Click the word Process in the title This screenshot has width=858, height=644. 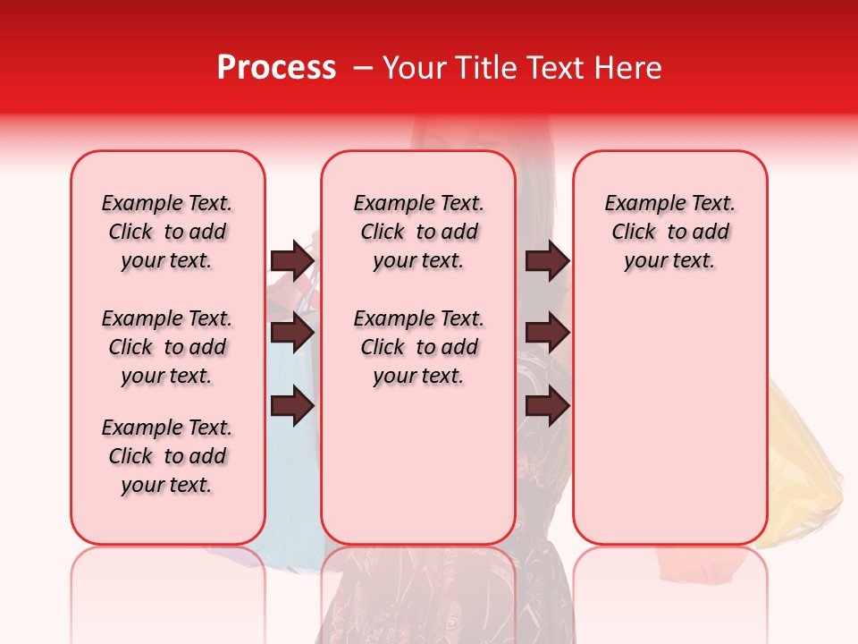275,68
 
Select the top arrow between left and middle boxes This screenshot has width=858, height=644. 292,261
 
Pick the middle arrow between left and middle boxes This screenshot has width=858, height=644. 292,333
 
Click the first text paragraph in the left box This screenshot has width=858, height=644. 167,232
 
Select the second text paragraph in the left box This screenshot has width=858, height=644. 167,347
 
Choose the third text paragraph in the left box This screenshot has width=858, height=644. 167,456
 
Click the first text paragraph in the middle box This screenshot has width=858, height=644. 418,232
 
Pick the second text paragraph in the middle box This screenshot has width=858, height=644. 418,347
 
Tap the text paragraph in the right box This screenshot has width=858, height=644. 670,232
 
